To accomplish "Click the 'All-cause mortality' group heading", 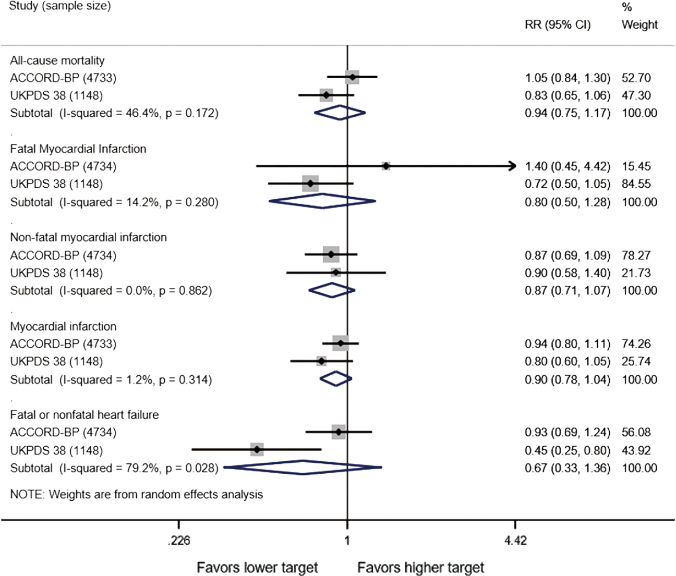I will click(x=57, y=60).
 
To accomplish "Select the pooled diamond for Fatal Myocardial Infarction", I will click(x=322, y=201).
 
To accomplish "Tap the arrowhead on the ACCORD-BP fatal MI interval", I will click(x=513, y=166).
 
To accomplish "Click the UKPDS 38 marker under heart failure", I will click(x=257, y=450).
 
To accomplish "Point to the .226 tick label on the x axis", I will click(x=178, y=541).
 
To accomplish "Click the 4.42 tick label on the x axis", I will click(x=515, y=541).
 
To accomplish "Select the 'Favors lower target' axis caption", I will click(x=257, y=568).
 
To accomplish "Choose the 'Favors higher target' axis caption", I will click(x=421, y=568).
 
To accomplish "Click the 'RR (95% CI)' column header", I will click(x=558, y=25).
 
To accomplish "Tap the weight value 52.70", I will click(x=636, y=78).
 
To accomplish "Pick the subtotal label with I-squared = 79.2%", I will click(x=114, y=468).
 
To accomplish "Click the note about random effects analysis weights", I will click(x=137, y=494).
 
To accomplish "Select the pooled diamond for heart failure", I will click(x=303, y=467).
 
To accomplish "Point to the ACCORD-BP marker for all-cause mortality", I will click(x=353, y=77).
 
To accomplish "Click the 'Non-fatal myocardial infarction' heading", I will click(x=89, y=237).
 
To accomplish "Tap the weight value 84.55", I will click(x=636, y=184).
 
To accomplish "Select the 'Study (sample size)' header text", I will click(x=60, y=7).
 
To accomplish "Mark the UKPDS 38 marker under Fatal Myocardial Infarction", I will click(x=310, y=184).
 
